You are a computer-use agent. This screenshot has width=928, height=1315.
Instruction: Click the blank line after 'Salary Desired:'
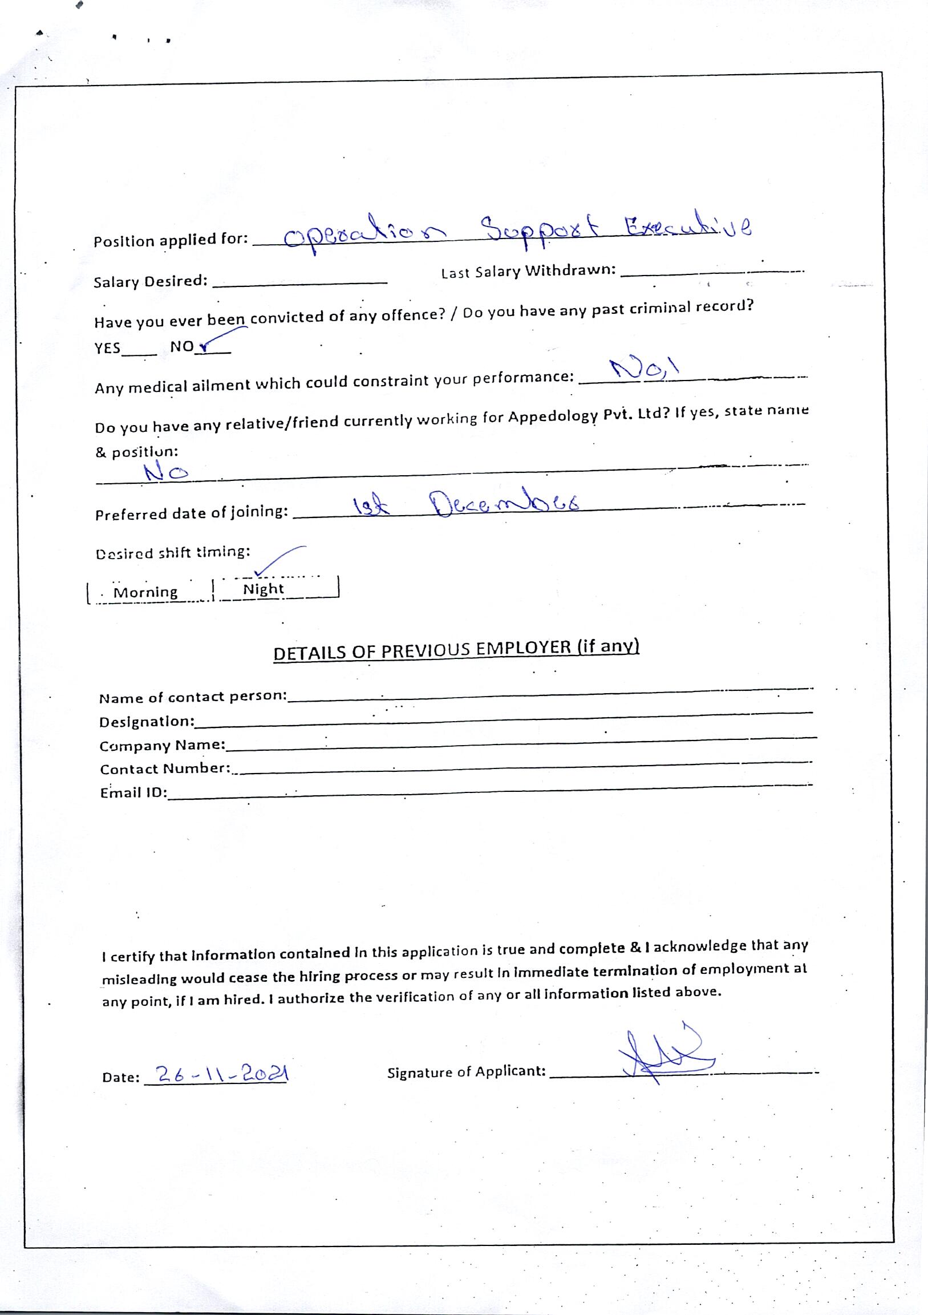click(301, 282)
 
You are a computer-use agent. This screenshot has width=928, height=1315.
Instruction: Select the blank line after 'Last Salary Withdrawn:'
click(712, 273)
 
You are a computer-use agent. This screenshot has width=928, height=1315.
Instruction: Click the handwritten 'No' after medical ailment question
click(643, 370)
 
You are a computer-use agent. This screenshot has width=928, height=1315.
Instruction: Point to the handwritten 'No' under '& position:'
click(166, 472)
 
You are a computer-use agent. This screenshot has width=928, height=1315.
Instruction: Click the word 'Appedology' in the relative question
click(553, 416)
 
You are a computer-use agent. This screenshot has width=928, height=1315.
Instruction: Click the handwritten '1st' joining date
click(371, 505)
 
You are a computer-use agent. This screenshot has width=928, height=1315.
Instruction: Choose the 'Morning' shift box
click(146, 592)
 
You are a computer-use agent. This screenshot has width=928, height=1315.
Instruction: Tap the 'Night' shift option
click(264, 589)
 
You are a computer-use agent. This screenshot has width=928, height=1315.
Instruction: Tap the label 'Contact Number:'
click(165, 768)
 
